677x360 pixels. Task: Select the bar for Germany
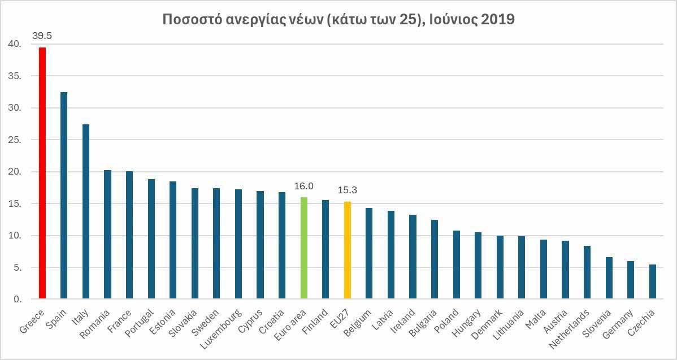(631, 280)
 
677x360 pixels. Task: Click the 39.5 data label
(42, 36)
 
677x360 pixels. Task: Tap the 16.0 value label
(303, 186)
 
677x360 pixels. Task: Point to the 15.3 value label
(347, 190)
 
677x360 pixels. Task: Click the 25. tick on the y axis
(15, 140)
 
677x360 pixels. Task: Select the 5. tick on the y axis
(17, 267)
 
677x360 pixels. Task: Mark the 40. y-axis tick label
(15, 44)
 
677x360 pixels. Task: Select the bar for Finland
(326, 249)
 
